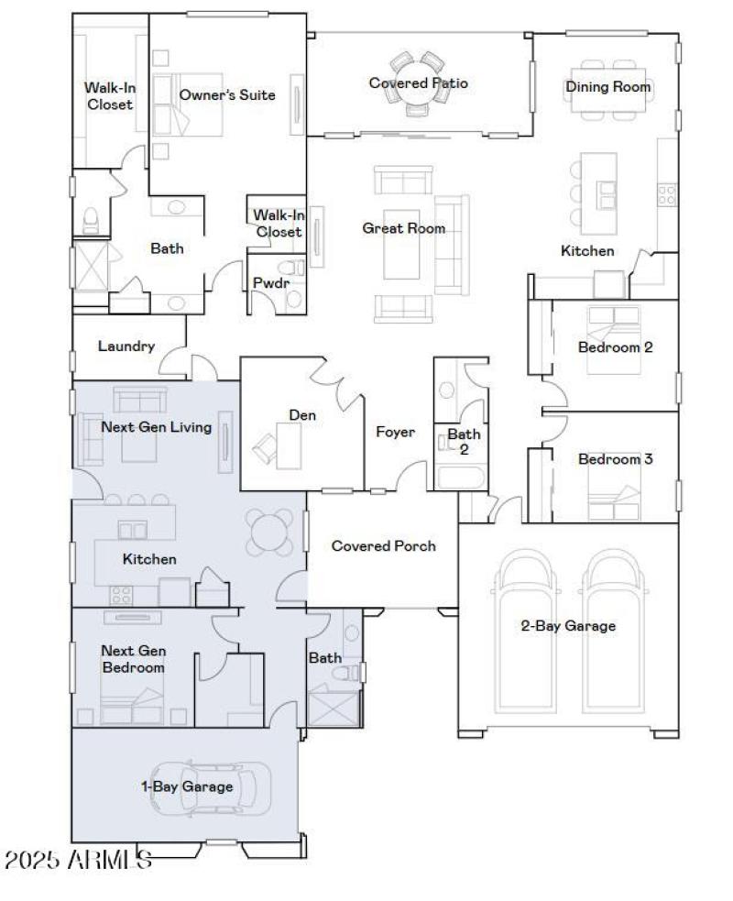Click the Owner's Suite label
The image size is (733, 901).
coord(227,94)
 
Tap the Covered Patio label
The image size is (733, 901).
coord(418,83)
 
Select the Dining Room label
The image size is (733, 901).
coord(607,87)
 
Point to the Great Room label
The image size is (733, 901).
coord(404,228)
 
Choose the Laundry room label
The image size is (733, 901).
coord(126,346)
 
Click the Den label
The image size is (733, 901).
coord(302,415)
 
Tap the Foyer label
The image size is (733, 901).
coord(395,432)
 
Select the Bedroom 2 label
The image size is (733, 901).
coord(615,347)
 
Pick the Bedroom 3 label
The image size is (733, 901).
coord(615,459)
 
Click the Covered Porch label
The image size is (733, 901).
coord(383,546)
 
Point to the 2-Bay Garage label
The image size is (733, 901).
coord(568,626)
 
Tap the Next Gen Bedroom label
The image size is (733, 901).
coord(133,659)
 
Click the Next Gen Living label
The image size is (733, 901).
coord(156,427)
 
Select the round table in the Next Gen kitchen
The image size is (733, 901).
coord(268,532)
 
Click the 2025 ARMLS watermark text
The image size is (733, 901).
coord(78,861)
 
